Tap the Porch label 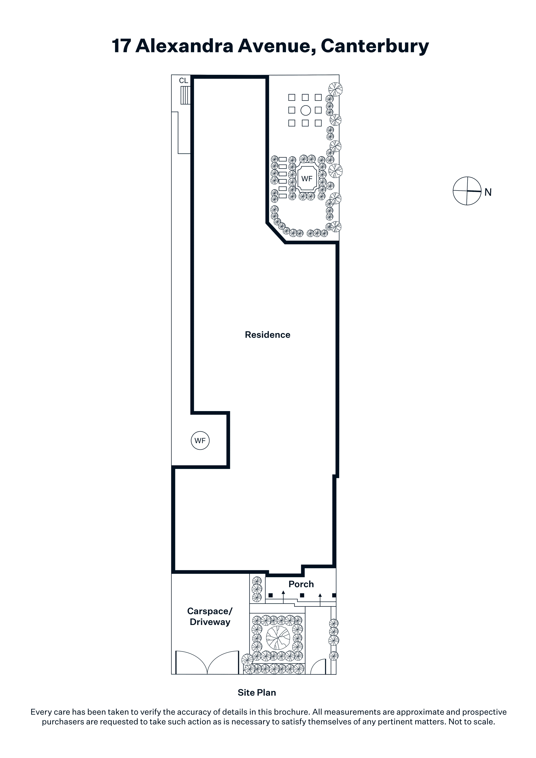[301, 584]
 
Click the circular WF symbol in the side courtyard [200, 440]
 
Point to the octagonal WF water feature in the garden [307, 179]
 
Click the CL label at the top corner [183, 81]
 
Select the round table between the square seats [306, 110]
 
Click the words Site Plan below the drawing [257, 692]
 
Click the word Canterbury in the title [375, 46]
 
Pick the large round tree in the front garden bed [278, 637]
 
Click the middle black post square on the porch [302, 595]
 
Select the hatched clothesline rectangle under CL [185, 95]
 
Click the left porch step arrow [283, 597]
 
